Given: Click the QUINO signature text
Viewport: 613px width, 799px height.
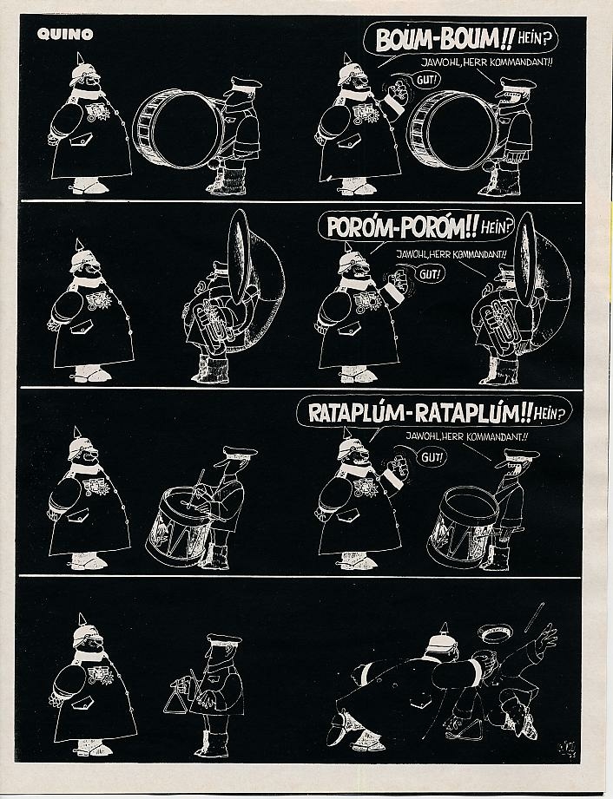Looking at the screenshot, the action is [x=65, y=34].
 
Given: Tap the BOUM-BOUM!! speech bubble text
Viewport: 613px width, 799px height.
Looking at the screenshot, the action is [x=444, y=40].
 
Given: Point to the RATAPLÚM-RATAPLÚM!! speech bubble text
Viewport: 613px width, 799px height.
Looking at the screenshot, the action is [x=421, y=412].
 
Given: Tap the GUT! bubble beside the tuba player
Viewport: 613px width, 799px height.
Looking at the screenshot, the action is [x=430, y=274].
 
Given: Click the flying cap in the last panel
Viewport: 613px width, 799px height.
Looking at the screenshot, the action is [x=494, y=634].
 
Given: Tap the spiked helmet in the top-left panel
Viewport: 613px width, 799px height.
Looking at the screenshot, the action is [x=83, y=70].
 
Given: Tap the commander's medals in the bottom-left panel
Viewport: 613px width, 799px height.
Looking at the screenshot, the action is [x=99, y=675].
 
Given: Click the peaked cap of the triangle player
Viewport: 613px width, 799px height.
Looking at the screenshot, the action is [x=223, y=639].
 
